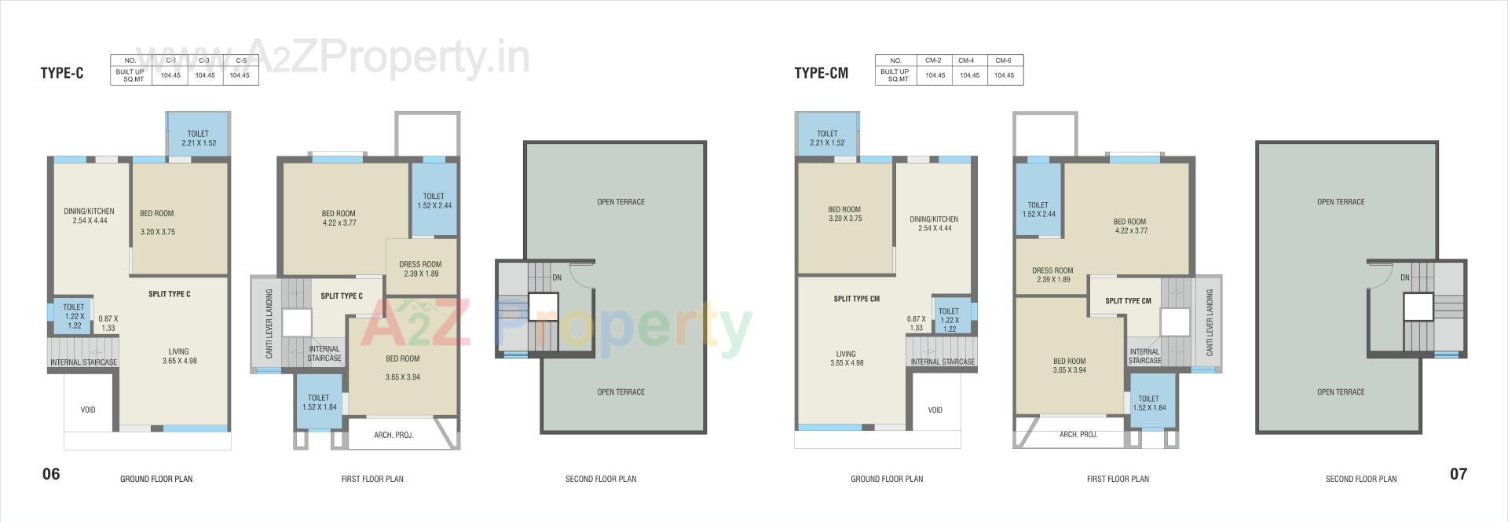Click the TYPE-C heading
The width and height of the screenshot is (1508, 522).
[x=62, y=74]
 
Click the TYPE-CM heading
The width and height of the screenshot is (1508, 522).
[x=821, y=74]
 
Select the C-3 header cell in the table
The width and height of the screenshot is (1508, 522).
[x=205, y=61]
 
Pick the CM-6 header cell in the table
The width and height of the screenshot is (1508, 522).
[x=1003, y=61]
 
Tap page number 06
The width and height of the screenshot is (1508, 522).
[x=51, y=473]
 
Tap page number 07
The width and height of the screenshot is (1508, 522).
[x=1458, y=473]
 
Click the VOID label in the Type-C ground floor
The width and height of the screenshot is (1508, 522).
[x=88, y=410]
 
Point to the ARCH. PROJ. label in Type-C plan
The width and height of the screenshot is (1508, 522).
[x=393, y=435]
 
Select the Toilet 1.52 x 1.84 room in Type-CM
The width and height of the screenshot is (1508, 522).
[x=1149, y=403]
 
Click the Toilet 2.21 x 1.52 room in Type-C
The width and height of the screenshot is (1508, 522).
[x=199, y=138]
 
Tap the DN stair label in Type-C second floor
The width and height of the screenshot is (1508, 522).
[x=557, y=278]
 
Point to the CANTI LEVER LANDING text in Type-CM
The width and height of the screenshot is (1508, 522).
[x=1210, y=322]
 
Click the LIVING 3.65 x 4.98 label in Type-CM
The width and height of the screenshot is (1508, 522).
[x=846, y=358]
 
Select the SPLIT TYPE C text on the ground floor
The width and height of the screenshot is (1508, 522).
[x=170, y=294]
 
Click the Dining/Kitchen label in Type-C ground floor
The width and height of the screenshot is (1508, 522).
[x=89, y=215]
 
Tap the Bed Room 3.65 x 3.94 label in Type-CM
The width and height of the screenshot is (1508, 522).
[x=1070, y=366]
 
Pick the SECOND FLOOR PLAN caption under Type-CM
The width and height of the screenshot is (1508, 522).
[x=1361, y=479]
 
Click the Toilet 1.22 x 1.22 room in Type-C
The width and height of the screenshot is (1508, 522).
[x=73, y=316]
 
